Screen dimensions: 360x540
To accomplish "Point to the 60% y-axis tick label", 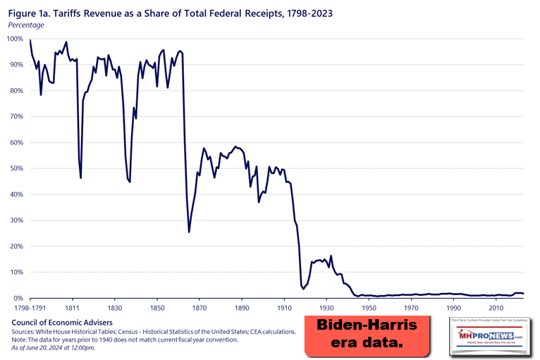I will (x=16, y=142).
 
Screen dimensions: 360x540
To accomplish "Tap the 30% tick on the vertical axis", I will (x=16, y=221).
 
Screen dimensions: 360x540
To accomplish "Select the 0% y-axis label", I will (x=18, y=298).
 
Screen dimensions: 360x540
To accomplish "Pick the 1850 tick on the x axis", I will (x=157, y=309).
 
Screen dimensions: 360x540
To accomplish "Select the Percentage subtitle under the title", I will (x=26, y=25).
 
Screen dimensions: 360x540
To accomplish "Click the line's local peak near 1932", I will (x=331, y=256).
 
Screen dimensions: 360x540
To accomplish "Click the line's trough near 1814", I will (x=81, y=178).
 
